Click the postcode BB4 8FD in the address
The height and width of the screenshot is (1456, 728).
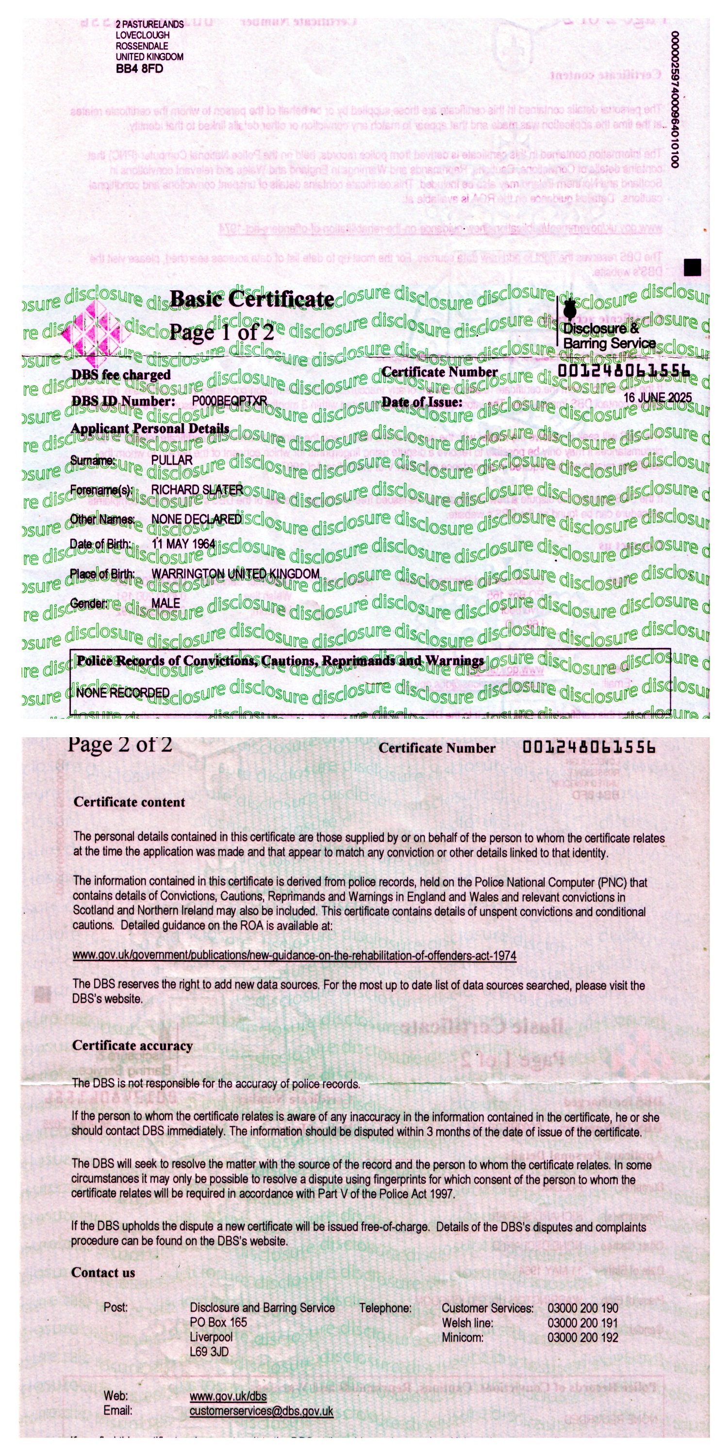click(139, 68)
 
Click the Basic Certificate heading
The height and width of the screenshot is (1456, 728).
click(252, 299)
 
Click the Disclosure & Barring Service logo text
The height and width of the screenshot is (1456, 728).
click(608, 335)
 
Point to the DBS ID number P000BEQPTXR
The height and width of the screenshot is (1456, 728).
click(230, 401)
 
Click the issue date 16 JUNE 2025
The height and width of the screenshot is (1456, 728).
click(657, 397)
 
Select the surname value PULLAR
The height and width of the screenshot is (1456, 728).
click(172, 460)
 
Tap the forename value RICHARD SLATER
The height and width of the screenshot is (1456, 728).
click(197, 490)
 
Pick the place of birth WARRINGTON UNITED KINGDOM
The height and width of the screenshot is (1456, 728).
click(235, 574)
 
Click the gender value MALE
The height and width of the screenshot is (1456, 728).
click(165, 604)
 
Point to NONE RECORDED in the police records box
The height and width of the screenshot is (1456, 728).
click(123, 693)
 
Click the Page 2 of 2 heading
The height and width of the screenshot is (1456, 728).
click(120, 745)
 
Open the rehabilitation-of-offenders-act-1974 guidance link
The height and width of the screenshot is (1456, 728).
click(294, 956)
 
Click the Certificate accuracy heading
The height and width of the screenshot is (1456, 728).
click(132, 1046)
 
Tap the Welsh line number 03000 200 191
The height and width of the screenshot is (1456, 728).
click(582, 1323)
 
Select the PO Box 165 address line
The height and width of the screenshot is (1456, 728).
click(218, 1323)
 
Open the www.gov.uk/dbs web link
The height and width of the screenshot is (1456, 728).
click(228, 1396)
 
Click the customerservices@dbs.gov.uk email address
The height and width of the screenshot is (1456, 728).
click(261, 1411)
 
